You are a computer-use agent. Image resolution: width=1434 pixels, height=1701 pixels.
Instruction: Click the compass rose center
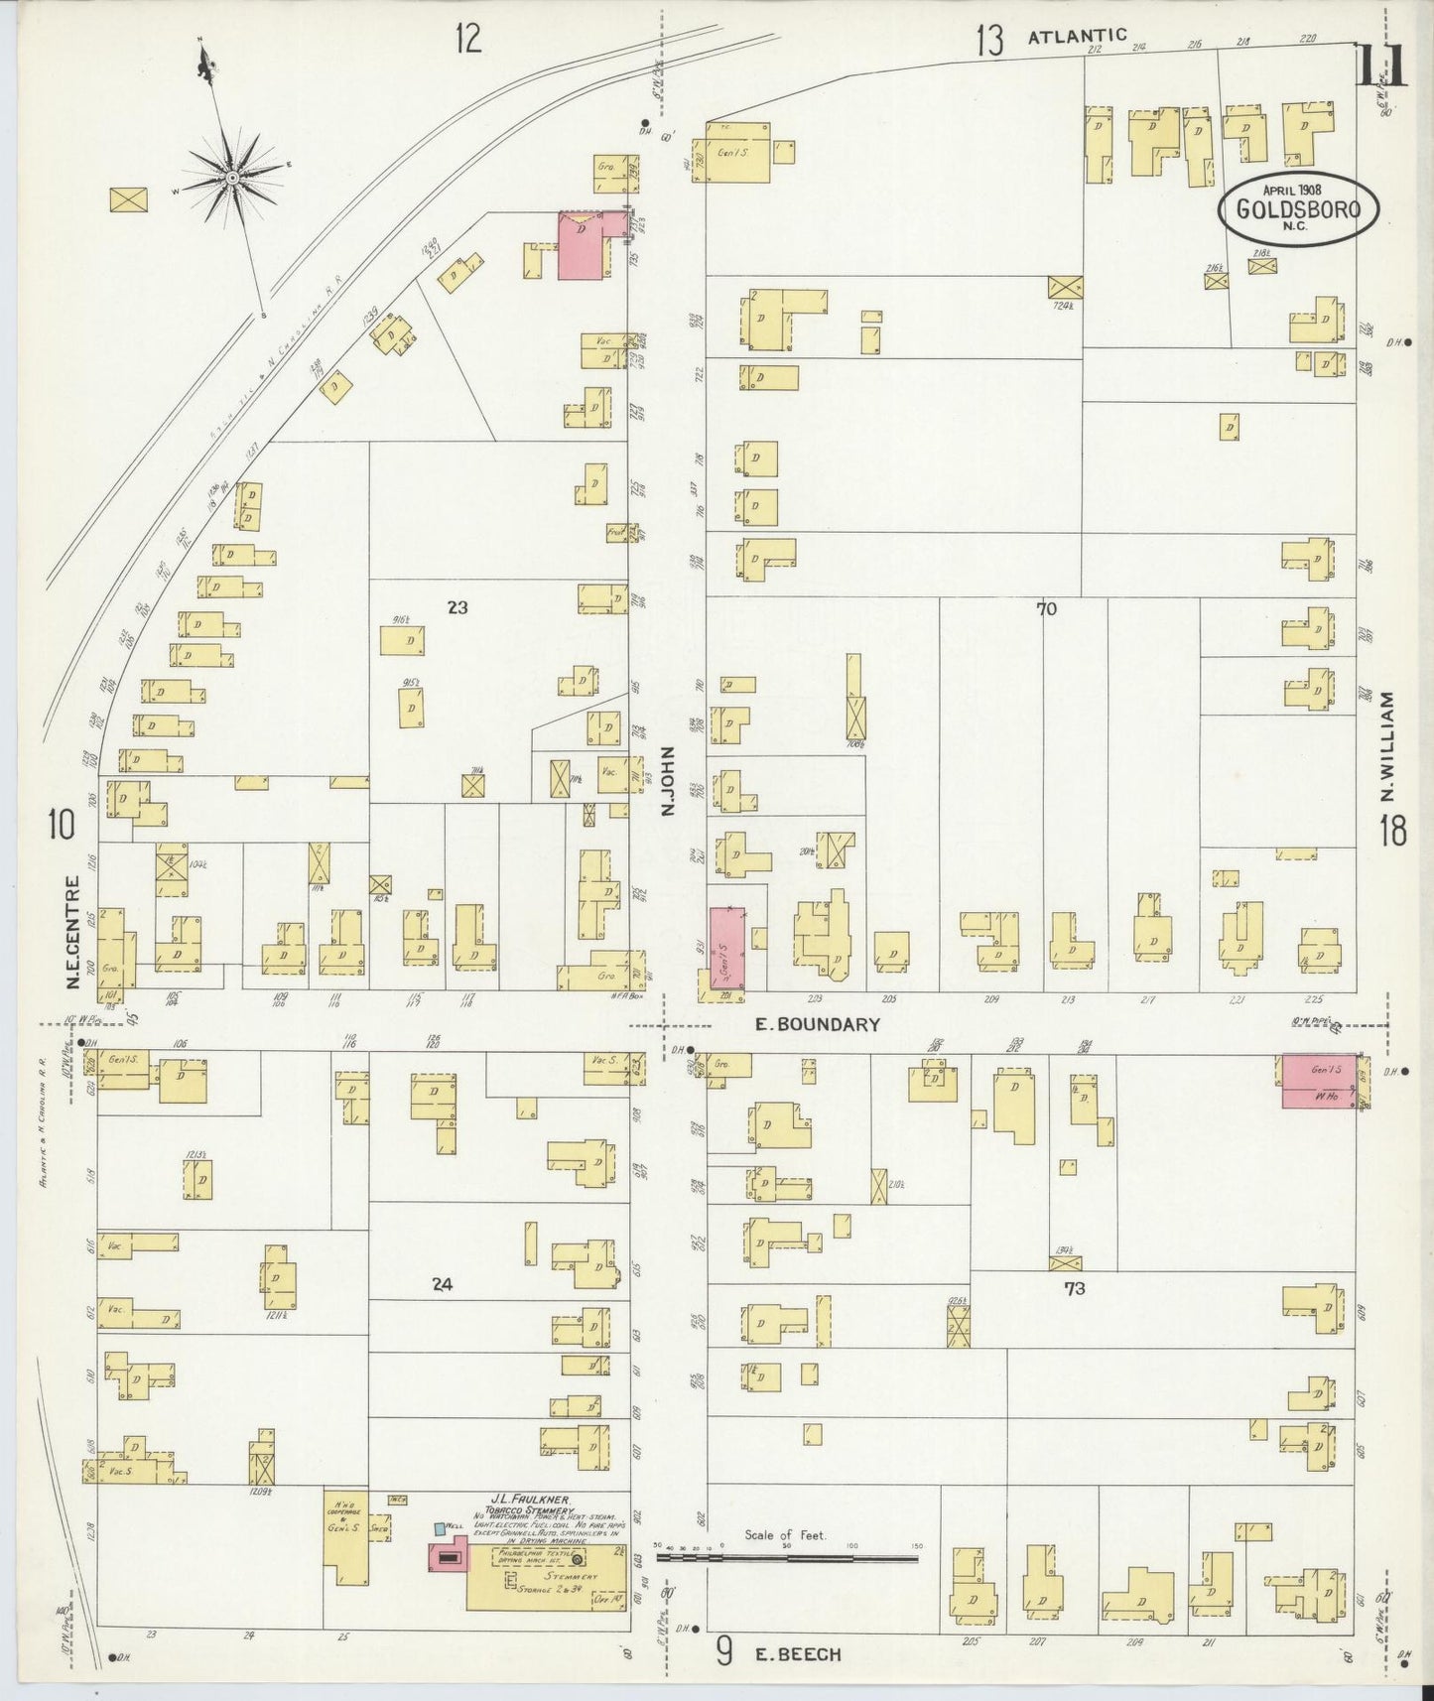click(231, 178)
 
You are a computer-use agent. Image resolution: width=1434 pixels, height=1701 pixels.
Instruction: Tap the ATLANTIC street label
click(1077, 37)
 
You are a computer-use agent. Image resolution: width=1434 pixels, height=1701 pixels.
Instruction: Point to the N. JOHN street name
click(668, 781)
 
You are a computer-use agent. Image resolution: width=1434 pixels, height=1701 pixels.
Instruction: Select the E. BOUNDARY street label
click(817, 1024)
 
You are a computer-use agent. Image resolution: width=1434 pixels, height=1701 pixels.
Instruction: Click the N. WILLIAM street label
click(1387, 746)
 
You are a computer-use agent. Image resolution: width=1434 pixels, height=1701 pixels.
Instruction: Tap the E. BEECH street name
click(797, 1653)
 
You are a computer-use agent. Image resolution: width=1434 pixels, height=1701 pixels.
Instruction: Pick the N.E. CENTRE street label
click(71, 932)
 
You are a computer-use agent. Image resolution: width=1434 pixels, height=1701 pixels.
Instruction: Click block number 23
click(456, 607)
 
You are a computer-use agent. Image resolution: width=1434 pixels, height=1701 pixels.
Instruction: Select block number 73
click(1074, 1288)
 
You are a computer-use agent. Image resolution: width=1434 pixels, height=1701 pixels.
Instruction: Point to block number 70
click(1046, 609)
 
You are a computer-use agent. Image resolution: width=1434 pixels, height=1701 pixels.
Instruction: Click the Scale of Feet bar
click(786, 1558)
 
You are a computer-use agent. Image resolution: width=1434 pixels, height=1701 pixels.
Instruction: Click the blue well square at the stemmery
click(440, 1529)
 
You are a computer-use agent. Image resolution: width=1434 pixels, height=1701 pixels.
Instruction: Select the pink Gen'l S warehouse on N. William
click(1319, 1081)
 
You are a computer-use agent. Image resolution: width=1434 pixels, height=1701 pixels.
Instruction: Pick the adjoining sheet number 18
click(1392, 831)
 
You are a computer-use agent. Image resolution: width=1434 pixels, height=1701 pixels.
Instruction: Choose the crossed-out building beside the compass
click(128, 199)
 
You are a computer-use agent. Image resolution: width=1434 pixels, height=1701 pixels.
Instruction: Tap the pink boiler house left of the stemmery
click(448, 1557)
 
